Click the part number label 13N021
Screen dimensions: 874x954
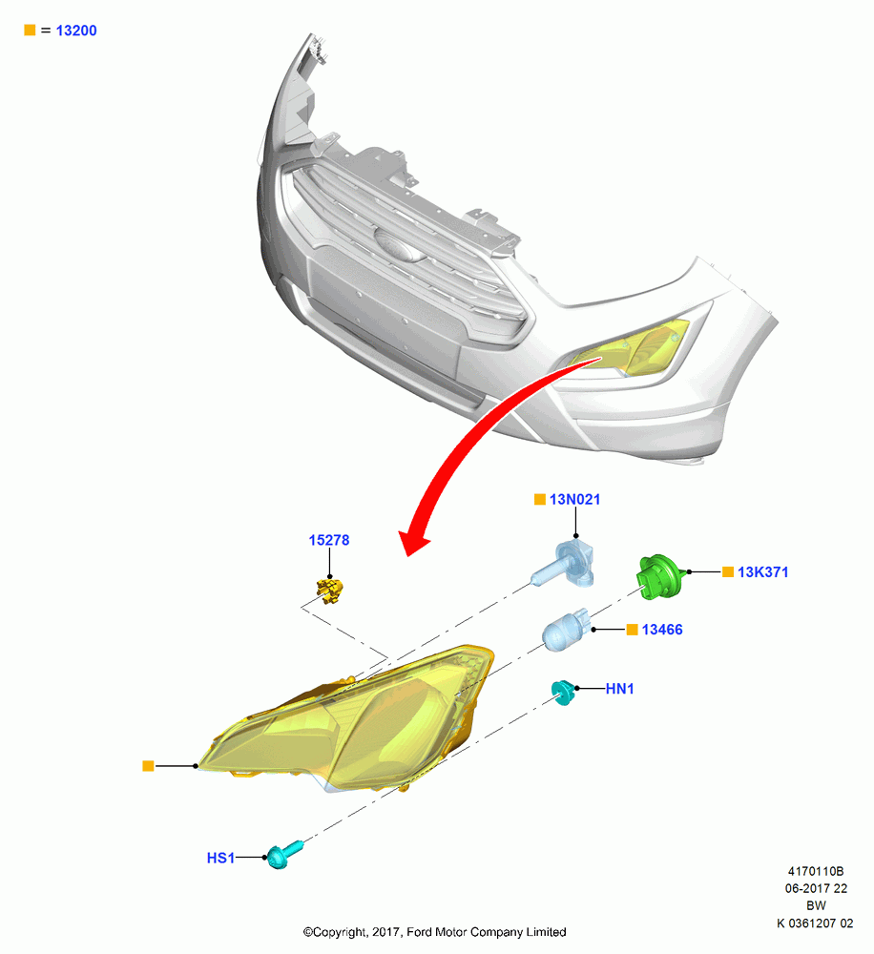(574, 500)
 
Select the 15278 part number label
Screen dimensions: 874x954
(328, 540)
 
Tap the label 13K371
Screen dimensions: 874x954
(762, 571)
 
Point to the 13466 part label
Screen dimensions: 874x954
(662, 630)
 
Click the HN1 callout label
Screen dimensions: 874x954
(619, 689)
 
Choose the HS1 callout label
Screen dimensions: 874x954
(220, 858)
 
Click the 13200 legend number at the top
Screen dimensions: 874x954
(76, 31)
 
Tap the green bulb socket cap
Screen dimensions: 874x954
(659, 576)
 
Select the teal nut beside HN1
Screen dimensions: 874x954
(563, 693)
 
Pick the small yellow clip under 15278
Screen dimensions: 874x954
(329, 591)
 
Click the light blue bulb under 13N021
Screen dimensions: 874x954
(564, 564)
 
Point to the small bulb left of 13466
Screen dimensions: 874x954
(567, 631)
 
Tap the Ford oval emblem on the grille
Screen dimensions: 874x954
(399, 245)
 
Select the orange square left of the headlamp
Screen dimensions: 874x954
(148, 766)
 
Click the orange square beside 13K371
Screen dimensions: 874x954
(728, 571)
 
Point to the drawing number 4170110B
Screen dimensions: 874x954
(816, 871)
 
